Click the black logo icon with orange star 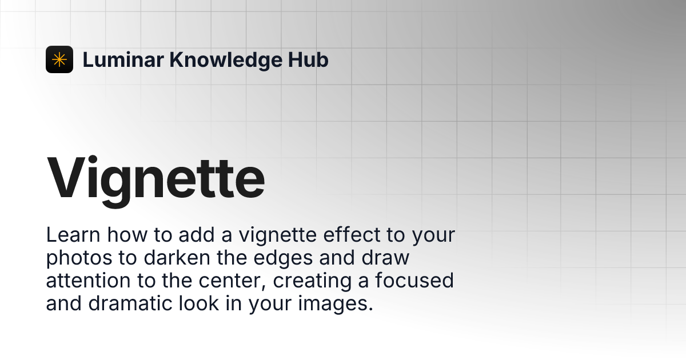[59, 59]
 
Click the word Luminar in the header [123, 59]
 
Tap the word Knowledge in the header [226, 60]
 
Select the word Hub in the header [308, 59]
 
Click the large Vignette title [155, 180]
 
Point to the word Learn [73, 235]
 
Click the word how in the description [127, 235]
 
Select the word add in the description [196, 235]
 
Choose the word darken [177, 258]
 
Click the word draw [385, 258]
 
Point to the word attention [88, 281]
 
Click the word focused [414, 281]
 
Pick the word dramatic [130, 304]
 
